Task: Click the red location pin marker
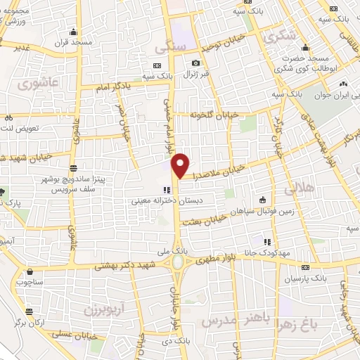pos(181,165)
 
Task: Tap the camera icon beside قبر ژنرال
pos(196,63)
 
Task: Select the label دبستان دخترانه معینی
pos(161,200)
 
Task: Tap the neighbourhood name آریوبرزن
pos(103,310)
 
